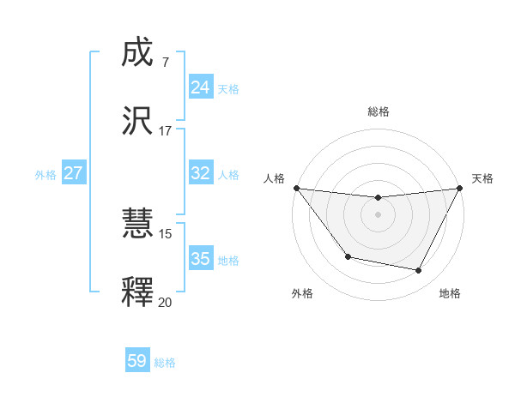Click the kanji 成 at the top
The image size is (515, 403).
pos(138,53)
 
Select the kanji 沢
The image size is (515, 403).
pos(138,121)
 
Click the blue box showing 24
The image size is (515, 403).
pos(200,87)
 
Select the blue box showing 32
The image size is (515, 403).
pos(200,173)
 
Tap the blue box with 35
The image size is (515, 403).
pos(200,259)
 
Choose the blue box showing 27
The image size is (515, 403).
pos(74,173)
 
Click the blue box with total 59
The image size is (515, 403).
pos(137,361)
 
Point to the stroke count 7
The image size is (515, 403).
pos(165,62)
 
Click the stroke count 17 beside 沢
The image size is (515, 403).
pos(165,130)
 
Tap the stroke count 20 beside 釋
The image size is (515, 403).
pos(165,301)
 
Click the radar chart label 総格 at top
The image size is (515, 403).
pos(379,111)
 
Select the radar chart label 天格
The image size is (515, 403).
pos(482,178)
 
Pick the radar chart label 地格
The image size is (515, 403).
pos(450,293)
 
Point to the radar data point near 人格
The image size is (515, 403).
pos(296,188)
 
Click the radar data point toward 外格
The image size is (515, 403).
pos(348,256)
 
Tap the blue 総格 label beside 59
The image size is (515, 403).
pos(165,363)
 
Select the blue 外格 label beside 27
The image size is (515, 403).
pos(45,175)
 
